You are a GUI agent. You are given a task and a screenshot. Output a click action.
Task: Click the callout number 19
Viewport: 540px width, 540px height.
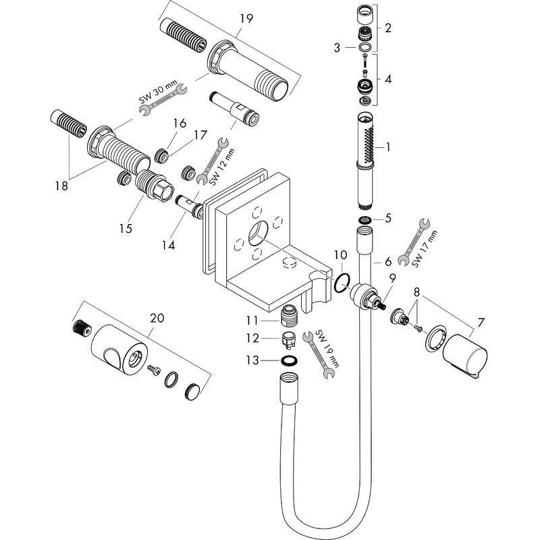pyautogui.click(x=246, y=18)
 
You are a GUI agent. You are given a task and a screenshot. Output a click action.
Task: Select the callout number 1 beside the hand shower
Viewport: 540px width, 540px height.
pyautogui.click(x=387, y=146)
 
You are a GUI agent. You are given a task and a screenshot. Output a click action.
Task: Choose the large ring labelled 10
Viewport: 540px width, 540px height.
pyautogui.click(x=341, y=284)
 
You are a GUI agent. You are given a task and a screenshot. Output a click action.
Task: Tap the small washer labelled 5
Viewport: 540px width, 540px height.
pyautogui.click(x=364, y=221)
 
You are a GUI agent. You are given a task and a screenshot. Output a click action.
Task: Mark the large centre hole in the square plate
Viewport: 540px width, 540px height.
pyautogui.click(x=257, y=237)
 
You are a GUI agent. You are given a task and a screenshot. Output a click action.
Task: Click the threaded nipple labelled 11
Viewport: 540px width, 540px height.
pyautogui.click(x=289, y=315)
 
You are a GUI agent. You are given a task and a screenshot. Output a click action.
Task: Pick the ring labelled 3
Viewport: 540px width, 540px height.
pyautogui.click(x=364, y=47)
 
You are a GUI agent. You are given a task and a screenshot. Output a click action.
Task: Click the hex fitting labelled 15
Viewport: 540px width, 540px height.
pyautogui.click(x=155, y=186)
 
